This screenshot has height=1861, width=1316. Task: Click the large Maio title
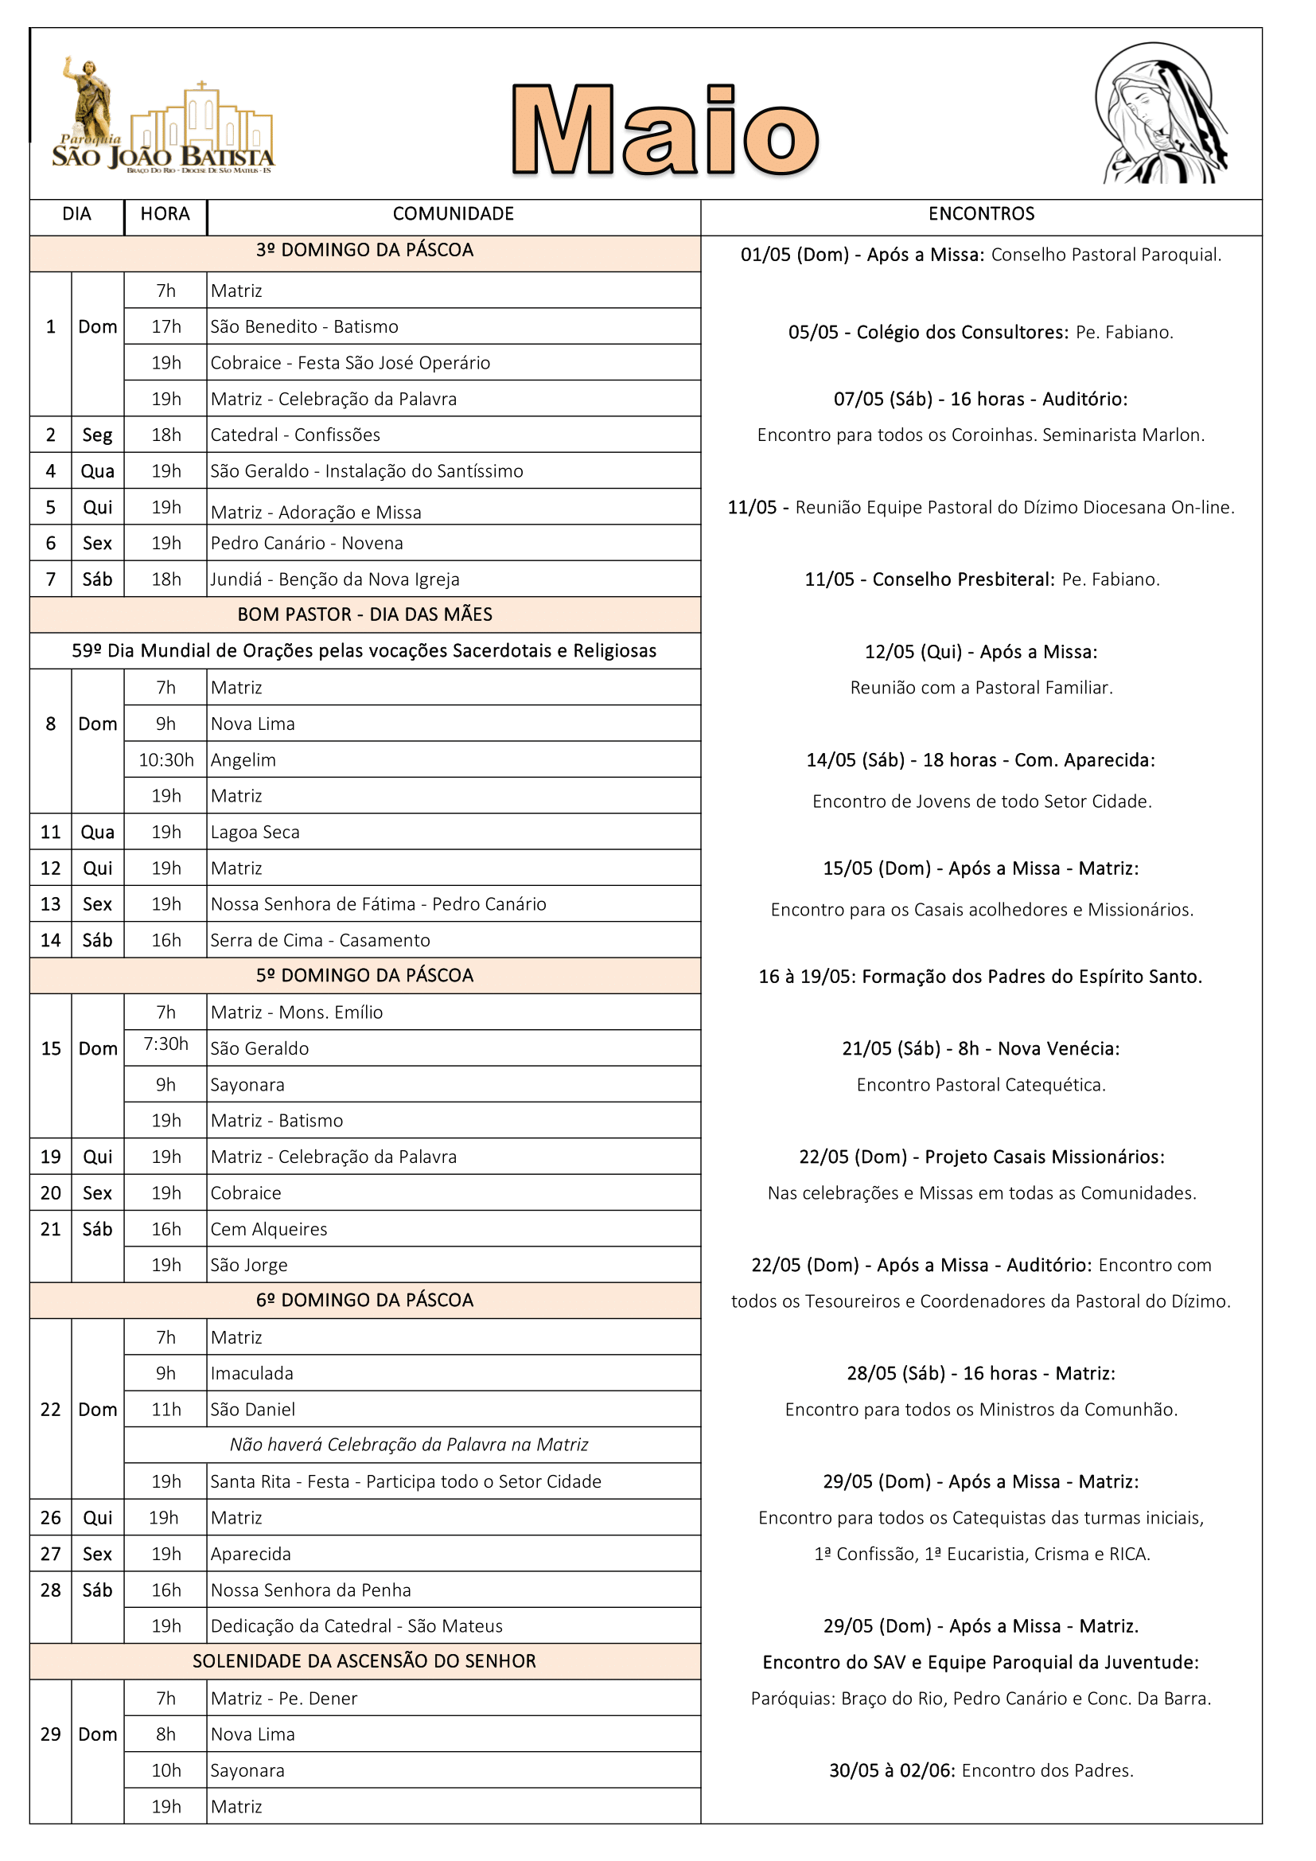pos(664,130)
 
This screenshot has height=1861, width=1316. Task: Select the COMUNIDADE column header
pos(453,214)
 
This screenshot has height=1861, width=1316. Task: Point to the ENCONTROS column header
pos(980,214)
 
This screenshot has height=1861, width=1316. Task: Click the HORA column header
pos(165,214)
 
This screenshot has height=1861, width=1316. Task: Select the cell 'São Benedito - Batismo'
pos(305,326)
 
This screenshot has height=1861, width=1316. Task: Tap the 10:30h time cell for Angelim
pos(166,759)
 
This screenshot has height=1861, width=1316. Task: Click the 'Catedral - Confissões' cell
pos(296,435)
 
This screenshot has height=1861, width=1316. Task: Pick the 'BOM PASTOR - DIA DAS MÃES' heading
pos(364,614)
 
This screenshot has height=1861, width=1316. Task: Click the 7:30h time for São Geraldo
pos(166,1044)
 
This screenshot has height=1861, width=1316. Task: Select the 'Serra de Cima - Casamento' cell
pos(320,940)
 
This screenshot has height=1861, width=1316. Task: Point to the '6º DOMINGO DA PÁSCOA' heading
pos(364,1300)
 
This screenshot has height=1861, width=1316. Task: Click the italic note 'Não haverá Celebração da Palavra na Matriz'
pos(409,1445)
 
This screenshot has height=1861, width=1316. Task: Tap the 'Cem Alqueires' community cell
pos(269,1229)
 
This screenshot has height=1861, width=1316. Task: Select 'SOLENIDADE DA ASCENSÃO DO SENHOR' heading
pos(364,1660)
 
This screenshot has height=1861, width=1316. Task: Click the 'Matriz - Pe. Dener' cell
pos(283,1698)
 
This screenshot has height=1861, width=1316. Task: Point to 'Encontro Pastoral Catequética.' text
pos(980,1084)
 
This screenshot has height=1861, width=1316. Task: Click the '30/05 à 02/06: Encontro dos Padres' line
pos(980,1770)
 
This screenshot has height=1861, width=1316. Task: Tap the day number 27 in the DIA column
pos(50,1554)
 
